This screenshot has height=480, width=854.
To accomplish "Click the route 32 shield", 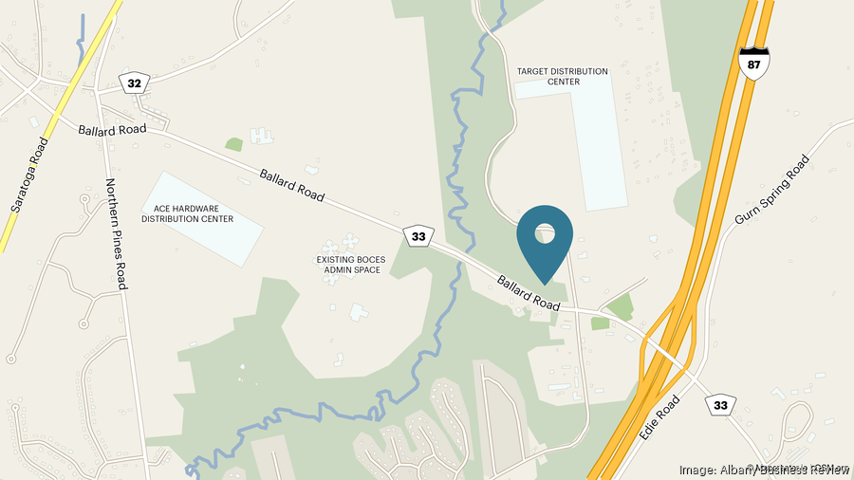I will click(x=135, y=83).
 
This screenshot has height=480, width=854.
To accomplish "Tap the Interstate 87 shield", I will click(x=754, y=63).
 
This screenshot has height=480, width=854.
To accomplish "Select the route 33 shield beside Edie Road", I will click(x=721, y=405).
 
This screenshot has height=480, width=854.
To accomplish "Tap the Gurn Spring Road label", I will click(x=774, y=190).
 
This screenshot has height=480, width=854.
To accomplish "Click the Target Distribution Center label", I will click(x=562, y=76).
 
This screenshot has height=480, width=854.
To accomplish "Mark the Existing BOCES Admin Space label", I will click(x=348, y=264).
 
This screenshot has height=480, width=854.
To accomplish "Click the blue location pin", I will click(x=545, y=241).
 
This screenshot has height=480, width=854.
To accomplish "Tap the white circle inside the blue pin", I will click(x=545, y=232).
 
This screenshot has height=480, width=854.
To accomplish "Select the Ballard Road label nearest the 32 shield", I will click(x=113, y=128).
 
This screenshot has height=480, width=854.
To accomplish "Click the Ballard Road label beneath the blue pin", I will click(x=529, y=291).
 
